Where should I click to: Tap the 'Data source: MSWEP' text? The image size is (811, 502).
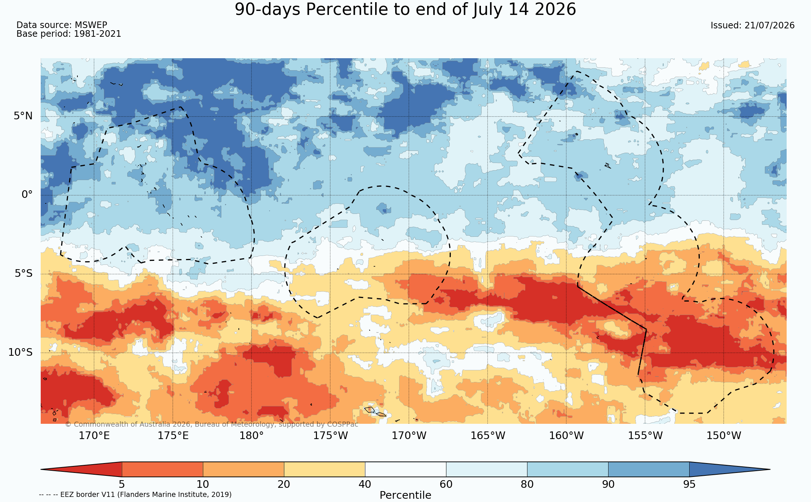(62, 25)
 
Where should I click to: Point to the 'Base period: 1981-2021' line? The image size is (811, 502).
(69, 34)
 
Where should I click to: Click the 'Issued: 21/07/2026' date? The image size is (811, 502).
(752, 25)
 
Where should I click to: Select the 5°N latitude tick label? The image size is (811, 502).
(23, 116)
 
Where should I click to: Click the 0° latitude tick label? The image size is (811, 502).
(27, 195)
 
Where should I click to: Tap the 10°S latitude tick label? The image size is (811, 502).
(20, 352)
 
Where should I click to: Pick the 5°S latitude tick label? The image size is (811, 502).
(24, 273)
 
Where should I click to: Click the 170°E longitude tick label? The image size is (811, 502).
(94, 435)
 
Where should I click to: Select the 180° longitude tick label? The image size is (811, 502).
(252, 435)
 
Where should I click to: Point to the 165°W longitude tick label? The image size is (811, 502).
(488, 435)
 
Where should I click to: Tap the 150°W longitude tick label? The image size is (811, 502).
(724, 435)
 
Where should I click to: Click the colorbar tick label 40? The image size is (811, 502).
(365, 485)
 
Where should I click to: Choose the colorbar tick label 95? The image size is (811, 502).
(689, 485)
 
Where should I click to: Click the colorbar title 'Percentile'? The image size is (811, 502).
(405, 495)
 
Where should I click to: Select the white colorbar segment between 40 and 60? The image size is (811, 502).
(405, 469)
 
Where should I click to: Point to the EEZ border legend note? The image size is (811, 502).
(135, 495)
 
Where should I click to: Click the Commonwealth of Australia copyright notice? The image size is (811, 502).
(212, 425)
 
